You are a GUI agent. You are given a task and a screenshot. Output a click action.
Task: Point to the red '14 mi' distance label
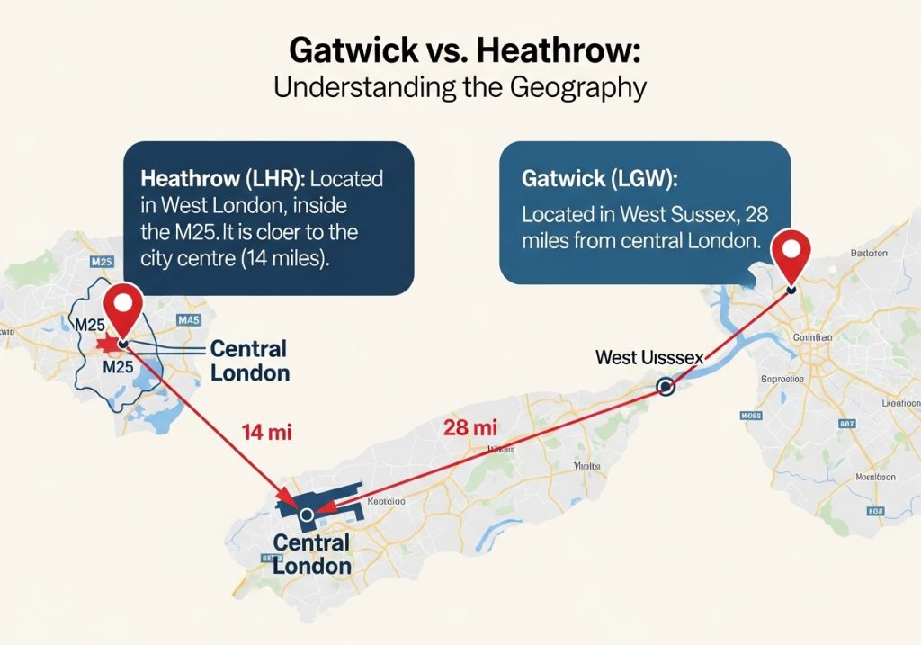point(267,432)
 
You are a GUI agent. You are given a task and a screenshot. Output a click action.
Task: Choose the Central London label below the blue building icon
point(311,554)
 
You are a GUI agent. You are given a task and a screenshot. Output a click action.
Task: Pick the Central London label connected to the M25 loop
point(248,360)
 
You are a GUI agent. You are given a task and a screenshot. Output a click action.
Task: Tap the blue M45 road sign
point(189,319)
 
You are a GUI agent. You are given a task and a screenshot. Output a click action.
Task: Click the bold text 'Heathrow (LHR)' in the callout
point(201,178)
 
